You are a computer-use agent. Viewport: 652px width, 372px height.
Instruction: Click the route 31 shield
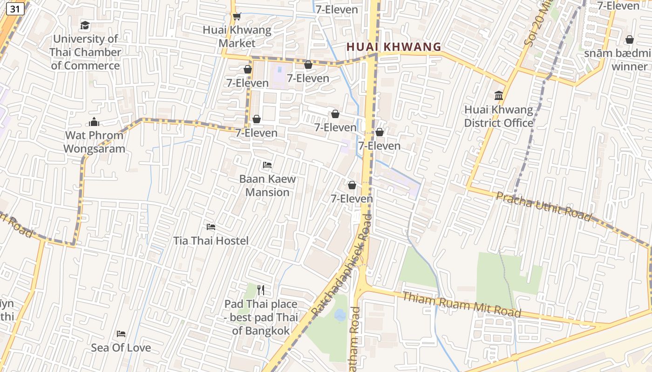[15, 9]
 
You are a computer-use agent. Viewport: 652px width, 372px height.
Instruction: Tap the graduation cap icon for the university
[85, 25]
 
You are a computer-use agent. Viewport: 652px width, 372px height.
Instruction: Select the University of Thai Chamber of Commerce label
[85, 52]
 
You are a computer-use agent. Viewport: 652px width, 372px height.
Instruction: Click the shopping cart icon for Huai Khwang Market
[237, 16]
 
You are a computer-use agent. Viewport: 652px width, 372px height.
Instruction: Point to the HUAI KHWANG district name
[394, 47]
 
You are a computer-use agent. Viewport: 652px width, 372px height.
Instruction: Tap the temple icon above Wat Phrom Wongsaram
[94, 122]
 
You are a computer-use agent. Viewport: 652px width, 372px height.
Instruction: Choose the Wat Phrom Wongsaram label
[94, 142]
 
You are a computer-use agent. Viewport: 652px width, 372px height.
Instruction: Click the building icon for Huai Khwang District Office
[499, 96]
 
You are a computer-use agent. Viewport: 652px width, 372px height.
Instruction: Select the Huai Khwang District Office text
[498, 116]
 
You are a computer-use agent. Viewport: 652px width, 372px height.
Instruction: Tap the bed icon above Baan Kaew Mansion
[267, 165]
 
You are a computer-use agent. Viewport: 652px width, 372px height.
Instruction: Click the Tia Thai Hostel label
[211, 241]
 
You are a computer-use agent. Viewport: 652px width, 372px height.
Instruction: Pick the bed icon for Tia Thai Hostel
[211, 227]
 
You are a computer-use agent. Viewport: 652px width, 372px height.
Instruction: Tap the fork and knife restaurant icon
[261, 290]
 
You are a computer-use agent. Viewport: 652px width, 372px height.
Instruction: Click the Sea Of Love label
[121, 348]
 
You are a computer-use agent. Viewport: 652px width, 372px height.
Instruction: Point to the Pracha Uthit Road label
[543, 206]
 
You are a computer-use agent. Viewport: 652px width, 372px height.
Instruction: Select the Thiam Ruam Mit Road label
[461, 305]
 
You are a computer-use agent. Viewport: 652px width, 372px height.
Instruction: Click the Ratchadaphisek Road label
[342, 265]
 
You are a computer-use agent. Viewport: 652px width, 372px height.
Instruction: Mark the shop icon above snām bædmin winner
[630, 40]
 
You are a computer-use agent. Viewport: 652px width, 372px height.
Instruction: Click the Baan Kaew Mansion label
[267, 186]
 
